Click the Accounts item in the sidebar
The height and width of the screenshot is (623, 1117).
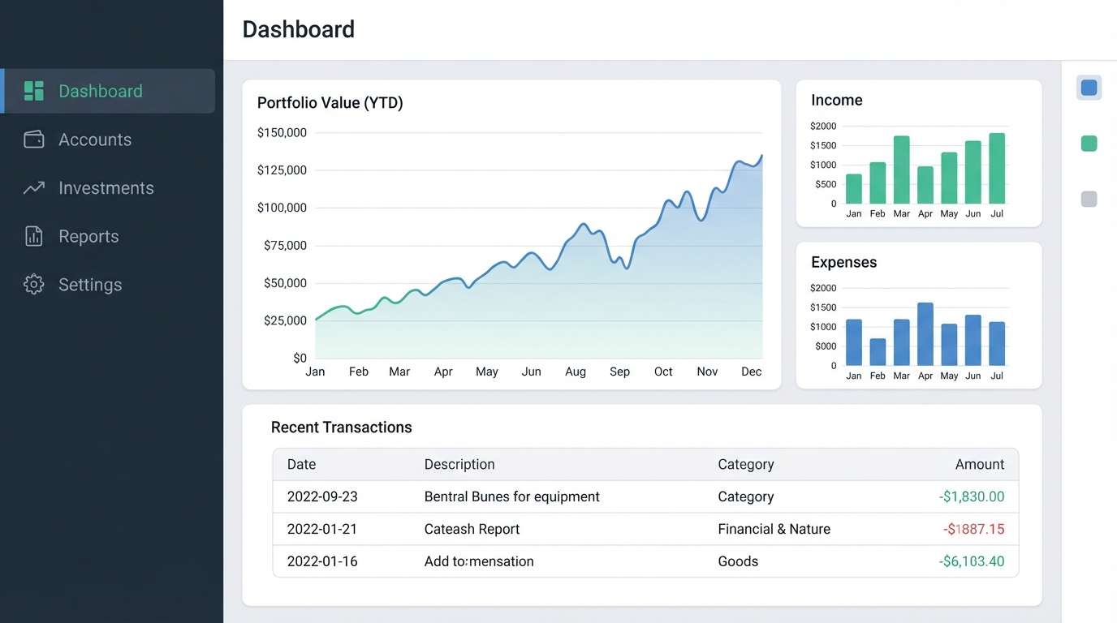point(94,140)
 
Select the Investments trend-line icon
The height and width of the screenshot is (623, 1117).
point(34,188)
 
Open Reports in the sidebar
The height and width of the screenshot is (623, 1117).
point(88,236)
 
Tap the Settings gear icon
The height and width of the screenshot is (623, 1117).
point(34,285)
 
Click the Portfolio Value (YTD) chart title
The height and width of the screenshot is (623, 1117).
point(330,103)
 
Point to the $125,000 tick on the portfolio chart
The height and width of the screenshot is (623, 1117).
point(282,170)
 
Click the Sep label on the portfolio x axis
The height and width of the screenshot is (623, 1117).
point(619,372)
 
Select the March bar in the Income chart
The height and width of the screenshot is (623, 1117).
point(901,170)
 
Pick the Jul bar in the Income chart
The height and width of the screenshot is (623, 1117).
point(997,169)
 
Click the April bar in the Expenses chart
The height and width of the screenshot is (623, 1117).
point(925,334)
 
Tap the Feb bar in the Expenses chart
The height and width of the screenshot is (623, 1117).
point(878,352)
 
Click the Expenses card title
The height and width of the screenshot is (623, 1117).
point(843,262)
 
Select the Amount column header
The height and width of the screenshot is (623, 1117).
point(979,465)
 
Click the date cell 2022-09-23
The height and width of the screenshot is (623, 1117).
point(322,496)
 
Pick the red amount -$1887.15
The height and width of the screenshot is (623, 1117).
point(973,529)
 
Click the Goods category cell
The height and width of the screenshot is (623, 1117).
point(738,561)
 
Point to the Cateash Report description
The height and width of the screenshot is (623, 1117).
point(472,529)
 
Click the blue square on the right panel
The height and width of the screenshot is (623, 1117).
point(1089,88)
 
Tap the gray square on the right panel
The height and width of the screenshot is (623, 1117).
point(1089,199)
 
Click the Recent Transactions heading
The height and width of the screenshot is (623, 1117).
point(341,428)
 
